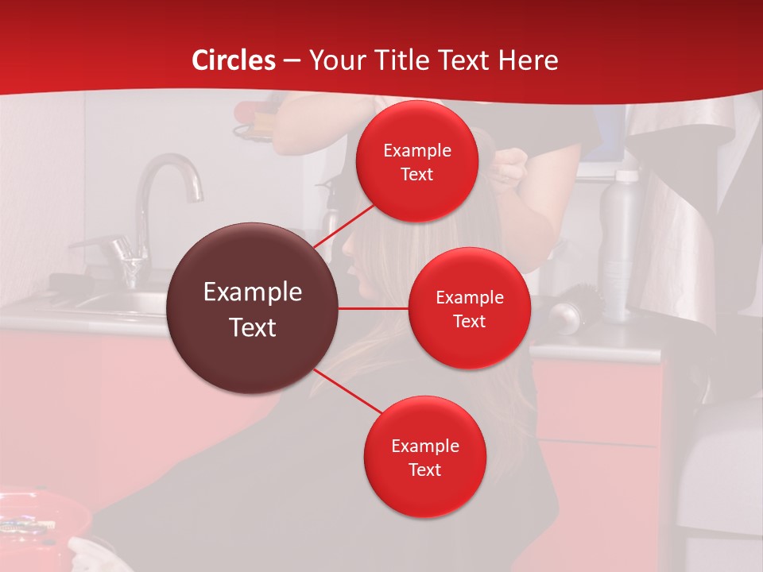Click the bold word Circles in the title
coord(234,60)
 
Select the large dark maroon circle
coord(253,308)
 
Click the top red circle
coord(416,162)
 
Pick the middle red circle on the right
coord(469,308)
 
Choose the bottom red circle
coord(424,457)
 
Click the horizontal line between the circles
coord(374,308)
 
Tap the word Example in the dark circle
coord(253,292)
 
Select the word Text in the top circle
coord(416,174)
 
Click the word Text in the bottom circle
coord(424,470)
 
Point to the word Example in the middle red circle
coord(469,297)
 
